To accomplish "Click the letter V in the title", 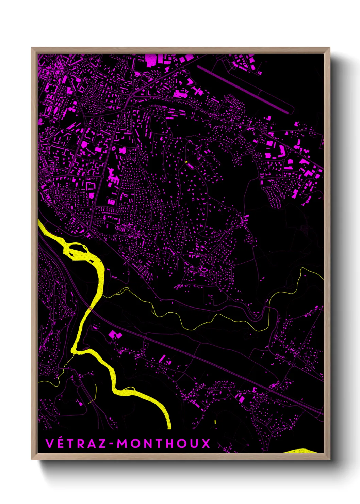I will click(x=50, y=444).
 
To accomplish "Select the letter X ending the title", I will click(x=206, y=444).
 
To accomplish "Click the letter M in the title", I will click(x=123, y=444).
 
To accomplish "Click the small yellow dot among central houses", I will click(x=186, y=162).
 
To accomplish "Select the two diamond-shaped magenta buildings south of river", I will click(x=115, y=335).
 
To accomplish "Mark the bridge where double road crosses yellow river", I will click(x=90, y=308).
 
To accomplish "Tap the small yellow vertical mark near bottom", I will click(x=215, y=422).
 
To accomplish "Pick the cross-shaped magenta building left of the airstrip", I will click(x=197, y=91).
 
